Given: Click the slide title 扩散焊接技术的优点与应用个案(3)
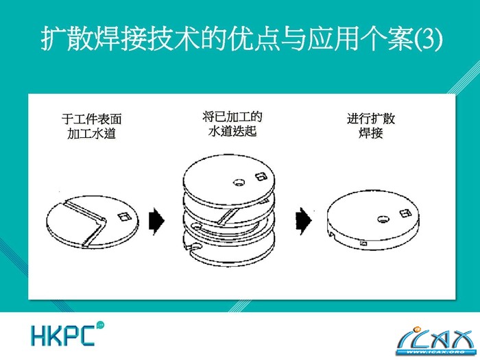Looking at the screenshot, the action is click(241, 39).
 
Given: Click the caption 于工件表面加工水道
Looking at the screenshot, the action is click(91, 126).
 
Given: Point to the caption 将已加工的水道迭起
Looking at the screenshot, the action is click(232, 124).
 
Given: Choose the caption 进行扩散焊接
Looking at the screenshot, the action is click(371, 125).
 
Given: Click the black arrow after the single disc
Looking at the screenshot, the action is click(157, 221).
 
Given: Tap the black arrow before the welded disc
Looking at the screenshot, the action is click(304, 221).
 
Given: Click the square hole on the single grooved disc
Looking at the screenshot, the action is click(125, 217).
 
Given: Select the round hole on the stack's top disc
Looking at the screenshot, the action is click(239, 182).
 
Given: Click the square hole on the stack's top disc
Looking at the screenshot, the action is click(261, 176).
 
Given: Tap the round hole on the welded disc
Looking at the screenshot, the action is click(383, 219).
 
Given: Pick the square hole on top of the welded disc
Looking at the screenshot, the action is click(405, 213).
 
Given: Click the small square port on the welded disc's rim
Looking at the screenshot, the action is click(363, 243).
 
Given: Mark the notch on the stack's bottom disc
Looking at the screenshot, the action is click(193, 246).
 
